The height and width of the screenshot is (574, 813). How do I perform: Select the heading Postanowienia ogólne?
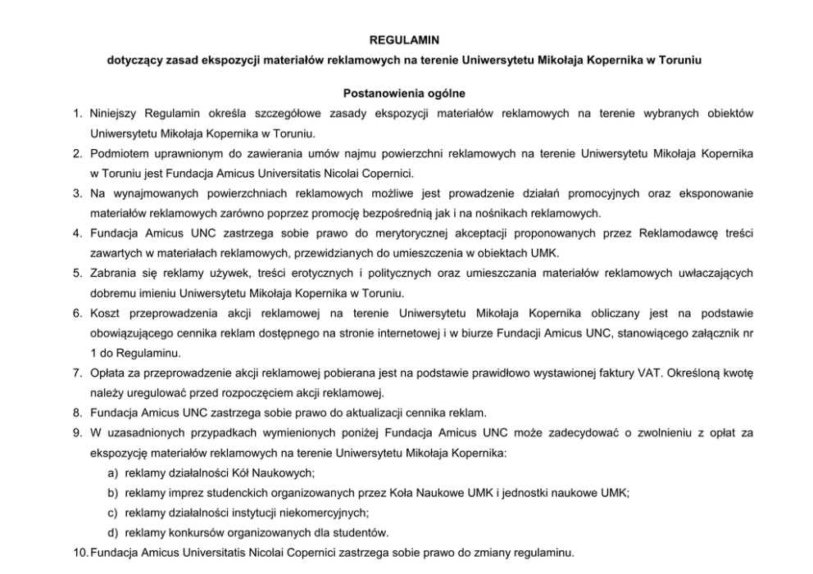(406, 93)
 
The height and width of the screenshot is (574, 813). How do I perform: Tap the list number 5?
(76, 273)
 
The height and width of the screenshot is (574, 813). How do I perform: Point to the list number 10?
(79, 552)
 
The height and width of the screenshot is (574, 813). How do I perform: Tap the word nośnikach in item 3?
(503, 214)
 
